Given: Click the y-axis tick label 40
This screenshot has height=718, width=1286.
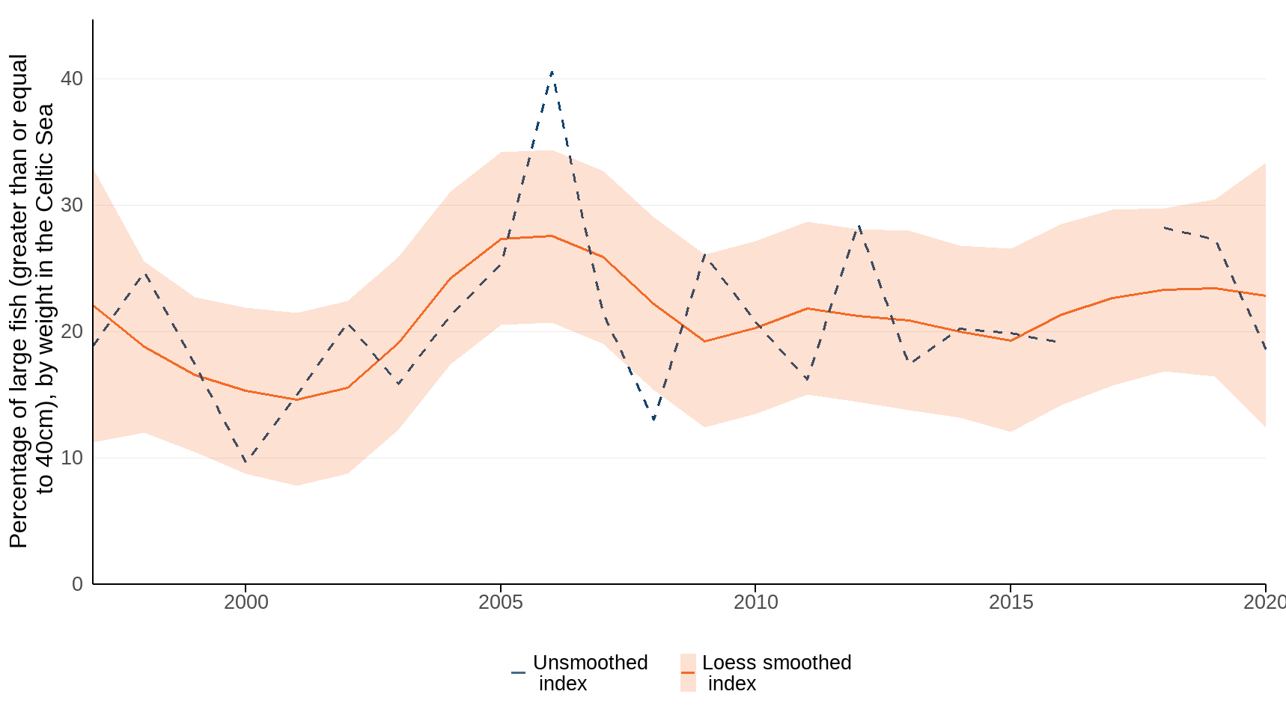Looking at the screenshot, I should click(x=72, y=79).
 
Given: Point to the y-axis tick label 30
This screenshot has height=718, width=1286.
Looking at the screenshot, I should click(x=72, y=205).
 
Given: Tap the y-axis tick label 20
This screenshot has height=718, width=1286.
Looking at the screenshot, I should click(x=72, y=331).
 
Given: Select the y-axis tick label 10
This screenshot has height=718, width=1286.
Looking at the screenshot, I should click(x=72, y=458).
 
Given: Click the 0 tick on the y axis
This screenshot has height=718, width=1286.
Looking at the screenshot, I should click(x=77, y=584).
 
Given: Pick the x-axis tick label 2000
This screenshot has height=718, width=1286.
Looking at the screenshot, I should click(x=246, y=602).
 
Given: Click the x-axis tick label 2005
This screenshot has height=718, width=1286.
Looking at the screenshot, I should click(x=501, y=602).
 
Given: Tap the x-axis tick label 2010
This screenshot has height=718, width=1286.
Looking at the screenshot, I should click(x=755, y=602).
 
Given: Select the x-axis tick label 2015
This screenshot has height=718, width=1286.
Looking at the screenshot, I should click(x=1011, y=602).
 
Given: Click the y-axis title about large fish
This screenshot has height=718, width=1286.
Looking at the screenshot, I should click(x=31, y=301).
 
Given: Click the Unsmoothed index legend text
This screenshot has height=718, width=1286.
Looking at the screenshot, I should click(x=590, y=673).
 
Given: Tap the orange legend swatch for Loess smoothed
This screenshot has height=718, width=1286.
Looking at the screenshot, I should click(x=688, y=673).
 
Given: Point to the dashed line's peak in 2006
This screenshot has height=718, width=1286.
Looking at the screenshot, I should click(x=552, y=73).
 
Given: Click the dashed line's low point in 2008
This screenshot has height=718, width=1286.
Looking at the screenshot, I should click(x=653, y=420).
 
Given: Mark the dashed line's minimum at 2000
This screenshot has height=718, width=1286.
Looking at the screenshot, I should click(x=246, y=461).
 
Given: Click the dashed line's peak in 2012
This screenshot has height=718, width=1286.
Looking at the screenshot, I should click(x=859, y=224).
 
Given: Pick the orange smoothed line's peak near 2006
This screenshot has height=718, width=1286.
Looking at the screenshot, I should click(x=552, y=236).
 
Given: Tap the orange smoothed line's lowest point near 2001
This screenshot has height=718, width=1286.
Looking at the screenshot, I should click(x=296, y=399).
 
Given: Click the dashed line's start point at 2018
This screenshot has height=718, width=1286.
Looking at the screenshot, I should click(x=1165, y=227).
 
